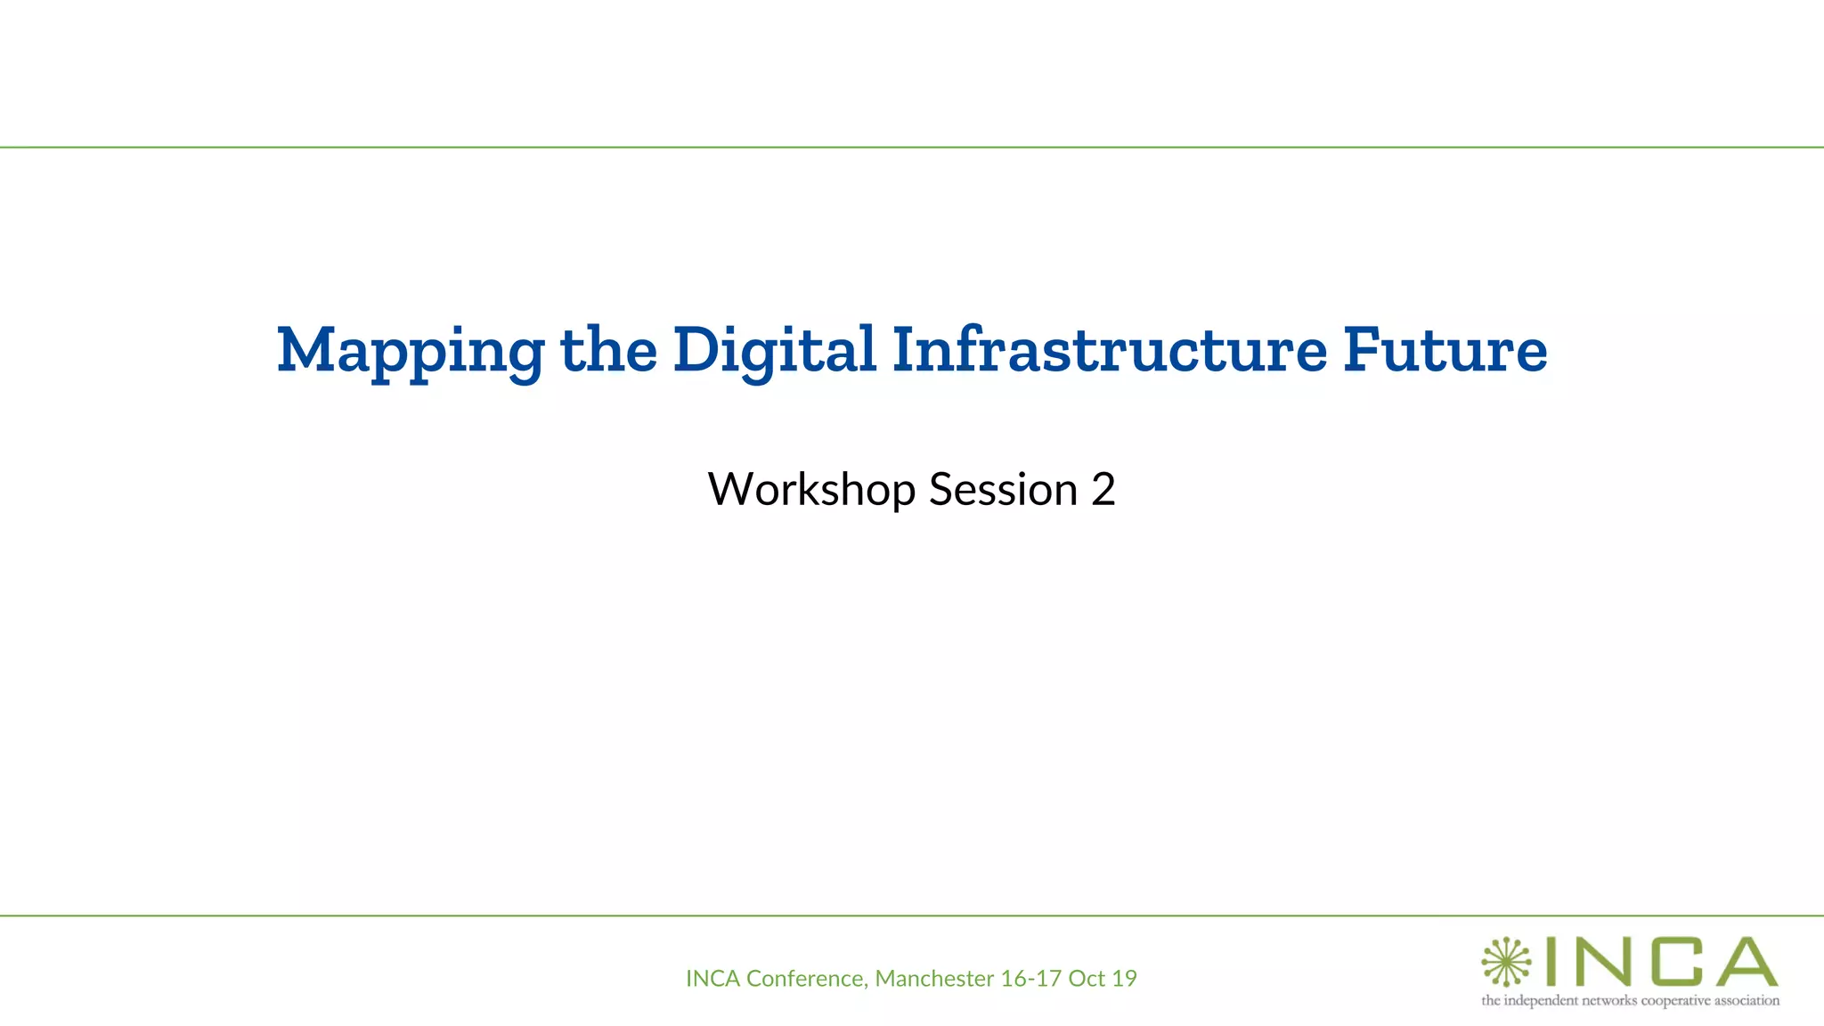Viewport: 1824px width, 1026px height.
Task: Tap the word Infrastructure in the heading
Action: click(1110, 349)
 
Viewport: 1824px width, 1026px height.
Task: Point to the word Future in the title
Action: click(1445, 349)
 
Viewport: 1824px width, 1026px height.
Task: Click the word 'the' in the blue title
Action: click(608, 349)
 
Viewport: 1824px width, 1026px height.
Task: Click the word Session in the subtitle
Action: click(1004, 490)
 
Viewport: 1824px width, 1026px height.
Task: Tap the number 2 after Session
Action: click(1103, 490)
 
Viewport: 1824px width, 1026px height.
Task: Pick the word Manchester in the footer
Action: click(934, 979)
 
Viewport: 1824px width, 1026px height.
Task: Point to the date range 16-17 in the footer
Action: click(1030, 979)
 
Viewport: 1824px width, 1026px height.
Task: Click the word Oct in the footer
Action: click(1087, 979)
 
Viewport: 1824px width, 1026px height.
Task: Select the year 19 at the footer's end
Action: click(1125, 979)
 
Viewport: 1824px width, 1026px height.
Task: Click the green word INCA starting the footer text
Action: click(713, 979)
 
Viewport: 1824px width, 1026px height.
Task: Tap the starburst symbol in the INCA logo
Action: click(1505, 962)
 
